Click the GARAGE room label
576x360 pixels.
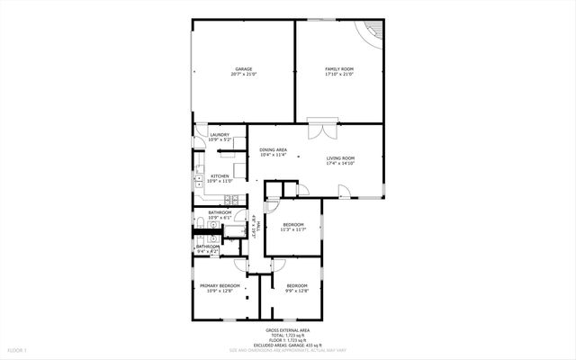coord(243,68)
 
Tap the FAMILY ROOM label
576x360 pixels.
coord(339,68)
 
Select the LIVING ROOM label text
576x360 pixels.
coord(340,158)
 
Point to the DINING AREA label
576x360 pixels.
coord(273,149)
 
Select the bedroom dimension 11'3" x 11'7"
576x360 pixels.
coord(294,229)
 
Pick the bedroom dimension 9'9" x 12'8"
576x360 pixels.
coord(297,291)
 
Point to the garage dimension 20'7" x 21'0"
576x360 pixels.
coord(243,75)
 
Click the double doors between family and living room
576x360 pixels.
coord(317,129)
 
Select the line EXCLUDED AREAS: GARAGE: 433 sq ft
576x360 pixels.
coord(289,346)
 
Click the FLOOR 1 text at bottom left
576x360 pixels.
coord(18,349)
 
